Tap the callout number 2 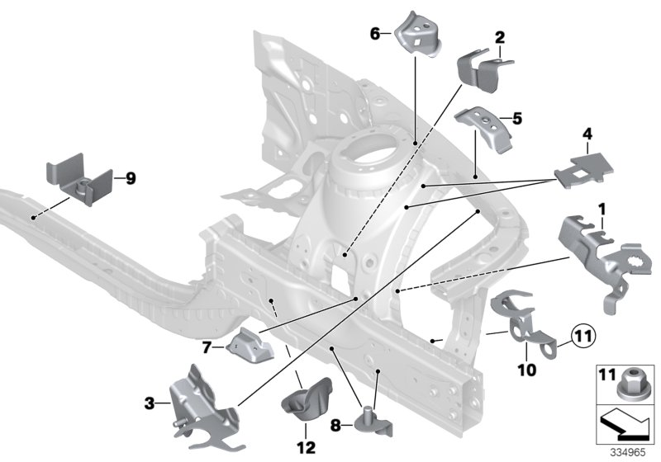(x=499, y=37)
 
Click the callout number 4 (x=587, y=132)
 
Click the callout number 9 (x=131, y=177)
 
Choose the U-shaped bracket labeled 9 (x=78, y=181)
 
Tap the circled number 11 (x=582, y=337)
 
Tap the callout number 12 (x=307, y=447)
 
